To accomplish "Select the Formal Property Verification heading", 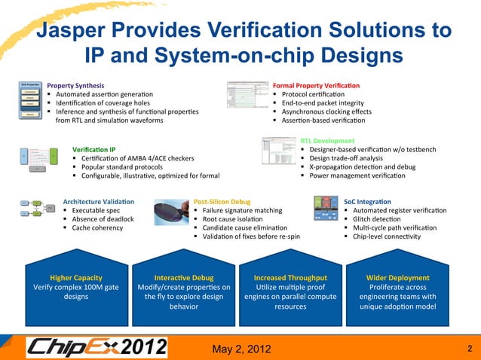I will click(x=317, y=87).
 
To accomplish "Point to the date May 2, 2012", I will click(x=240, y=346).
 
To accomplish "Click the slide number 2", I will click(x=469, y=347).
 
